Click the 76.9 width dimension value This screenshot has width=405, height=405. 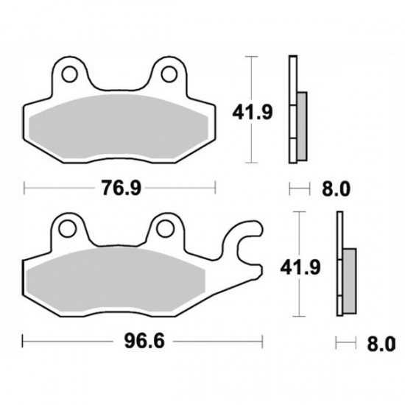(121, 189)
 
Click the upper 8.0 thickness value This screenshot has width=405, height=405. (334, 189)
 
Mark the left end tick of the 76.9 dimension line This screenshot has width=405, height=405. (25, 189)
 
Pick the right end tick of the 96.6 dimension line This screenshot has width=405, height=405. (263, 342)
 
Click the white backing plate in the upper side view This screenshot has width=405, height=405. (292, 110)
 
